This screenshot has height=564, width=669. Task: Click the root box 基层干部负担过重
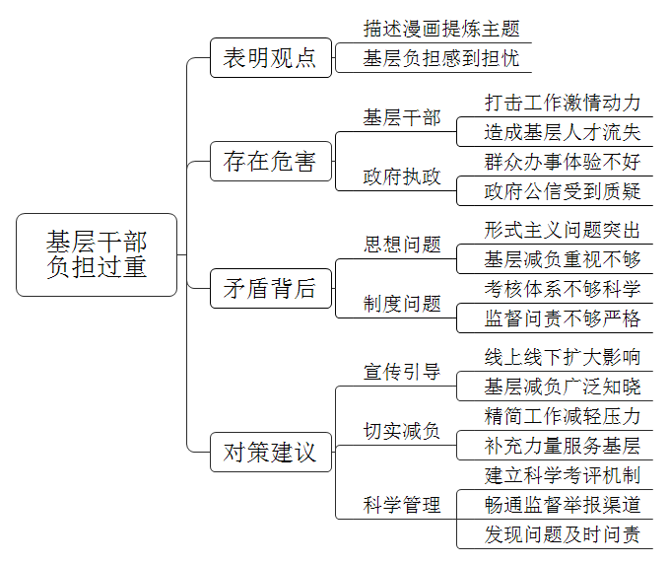pos(97,255)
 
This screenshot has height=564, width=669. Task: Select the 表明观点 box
pos(271,57)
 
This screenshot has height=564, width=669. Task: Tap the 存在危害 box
pos(271,162)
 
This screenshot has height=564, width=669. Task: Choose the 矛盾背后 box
pos(271,288)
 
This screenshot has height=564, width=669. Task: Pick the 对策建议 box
pos(271,453)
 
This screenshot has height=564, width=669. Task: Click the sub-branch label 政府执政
pos(401,176)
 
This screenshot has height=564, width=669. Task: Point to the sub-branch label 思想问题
pos(401,245)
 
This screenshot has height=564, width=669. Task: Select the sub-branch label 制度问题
pos(401,304)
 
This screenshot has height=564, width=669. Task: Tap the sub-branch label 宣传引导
pos(401,372)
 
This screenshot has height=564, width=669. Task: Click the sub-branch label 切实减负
pos(401,431)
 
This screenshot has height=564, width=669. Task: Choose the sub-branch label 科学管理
pos(401,505)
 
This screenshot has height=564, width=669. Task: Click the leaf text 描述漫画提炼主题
pos(441,29)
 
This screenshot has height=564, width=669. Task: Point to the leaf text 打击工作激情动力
pos(563,103)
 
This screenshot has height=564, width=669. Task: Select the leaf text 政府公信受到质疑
pos(563,191)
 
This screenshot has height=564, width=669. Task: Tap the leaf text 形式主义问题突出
pos(563,230)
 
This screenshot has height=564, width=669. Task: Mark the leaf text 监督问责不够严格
pos(563,318)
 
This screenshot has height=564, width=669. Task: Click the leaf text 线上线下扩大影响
pos(563,357)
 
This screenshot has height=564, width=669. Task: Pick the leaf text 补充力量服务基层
pos(563,446)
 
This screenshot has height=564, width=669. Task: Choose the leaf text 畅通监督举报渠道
pos(563,505)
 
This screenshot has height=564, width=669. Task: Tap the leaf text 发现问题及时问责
pos(563,534)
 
